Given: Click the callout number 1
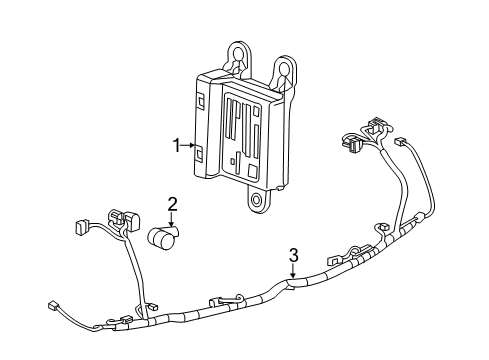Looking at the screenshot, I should [175, 146].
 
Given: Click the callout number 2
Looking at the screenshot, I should [172, 205].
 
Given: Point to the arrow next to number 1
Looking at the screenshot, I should [187, 146].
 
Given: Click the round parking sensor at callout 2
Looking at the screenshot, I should [162, 239].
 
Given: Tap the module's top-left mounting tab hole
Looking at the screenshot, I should [238, 57].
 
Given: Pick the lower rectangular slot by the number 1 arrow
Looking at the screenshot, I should [199, 151].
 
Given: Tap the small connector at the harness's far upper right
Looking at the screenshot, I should [402, 143].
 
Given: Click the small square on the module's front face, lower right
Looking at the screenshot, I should [233, 159].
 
